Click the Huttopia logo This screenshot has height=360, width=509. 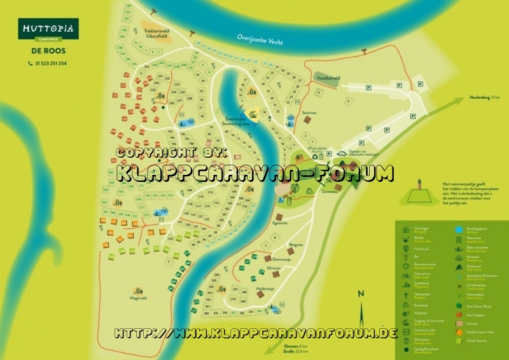click(48, 29)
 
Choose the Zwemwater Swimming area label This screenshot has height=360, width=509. click(234, 121)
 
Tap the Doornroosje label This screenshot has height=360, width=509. click(281, 260)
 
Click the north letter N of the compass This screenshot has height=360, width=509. click(360, 293)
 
